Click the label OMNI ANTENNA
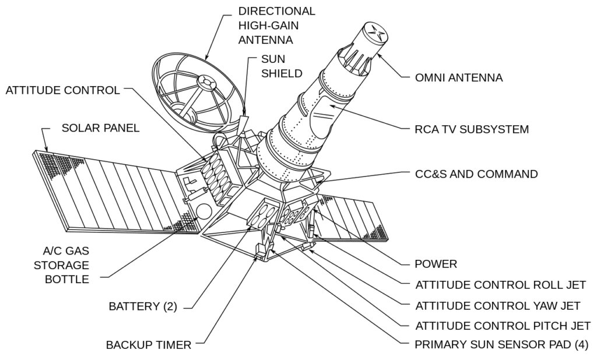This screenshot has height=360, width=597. (x=458, y=77)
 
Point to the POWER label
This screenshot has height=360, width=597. (x=436, y=264)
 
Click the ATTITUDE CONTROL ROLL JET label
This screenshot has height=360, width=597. (x=500, y=285)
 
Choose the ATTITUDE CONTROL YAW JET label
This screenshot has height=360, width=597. (x=497, y=305)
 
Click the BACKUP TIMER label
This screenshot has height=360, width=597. (x=149, y=345)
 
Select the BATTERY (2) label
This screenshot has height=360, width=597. (x=143, y=306)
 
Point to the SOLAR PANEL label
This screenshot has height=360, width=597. (x=101, y=128)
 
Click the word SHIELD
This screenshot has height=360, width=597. (x=281, y=73)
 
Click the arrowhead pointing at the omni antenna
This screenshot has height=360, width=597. (x=379, y=55)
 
